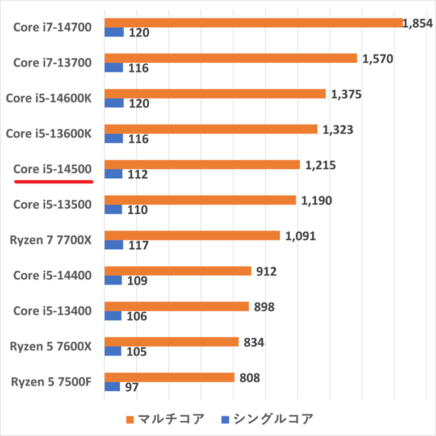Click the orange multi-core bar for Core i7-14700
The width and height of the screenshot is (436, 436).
[x=253, y=23]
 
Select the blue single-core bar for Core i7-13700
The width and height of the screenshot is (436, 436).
[x=114, y=68]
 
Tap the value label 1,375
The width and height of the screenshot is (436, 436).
[x=346, y=94]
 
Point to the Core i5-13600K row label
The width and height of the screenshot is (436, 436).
[x=48, y=133]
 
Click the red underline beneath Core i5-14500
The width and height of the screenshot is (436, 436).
[x=53, y=182]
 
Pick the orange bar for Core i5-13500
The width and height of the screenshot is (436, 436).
[x=200, y=200]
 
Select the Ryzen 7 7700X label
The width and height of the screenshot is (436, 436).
[x=51, y=240]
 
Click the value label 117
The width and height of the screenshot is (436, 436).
[x=139, y=245]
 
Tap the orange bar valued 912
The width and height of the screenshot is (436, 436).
[x=178, y=271]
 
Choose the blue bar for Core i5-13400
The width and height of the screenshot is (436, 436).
[x=113, y=316]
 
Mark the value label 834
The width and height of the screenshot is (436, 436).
[x=253, y=342]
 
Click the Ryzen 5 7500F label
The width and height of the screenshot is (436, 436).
[x=51, y=381]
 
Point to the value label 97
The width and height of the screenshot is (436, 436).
[x=132, y=387]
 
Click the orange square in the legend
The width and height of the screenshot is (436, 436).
[x=130, y=420]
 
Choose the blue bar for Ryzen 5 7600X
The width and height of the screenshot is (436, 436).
[x=113, y=351]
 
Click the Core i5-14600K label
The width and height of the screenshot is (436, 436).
[x=48, y=98]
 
